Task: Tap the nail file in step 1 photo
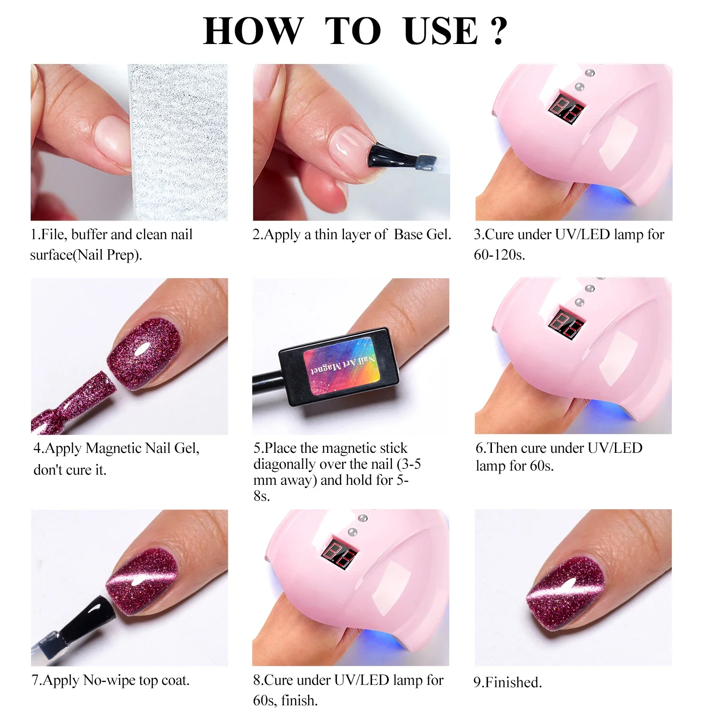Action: point(178,142)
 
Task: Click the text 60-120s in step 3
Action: point(499,256)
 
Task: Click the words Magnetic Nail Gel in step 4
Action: point(142,448)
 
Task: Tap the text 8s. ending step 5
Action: point(262,496)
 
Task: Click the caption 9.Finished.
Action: point(507,682)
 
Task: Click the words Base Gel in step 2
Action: point(422,235)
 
